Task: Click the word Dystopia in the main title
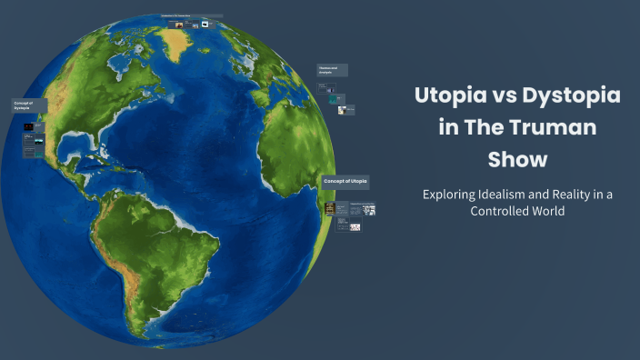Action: coord(567,95)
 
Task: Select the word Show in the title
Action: coord(517,160)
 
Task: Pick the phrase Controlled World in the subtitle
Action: coord(517,211)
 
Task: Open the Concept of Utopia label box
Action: coord(345,182)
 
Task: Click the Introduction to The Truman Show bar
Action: coord(192,16)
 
